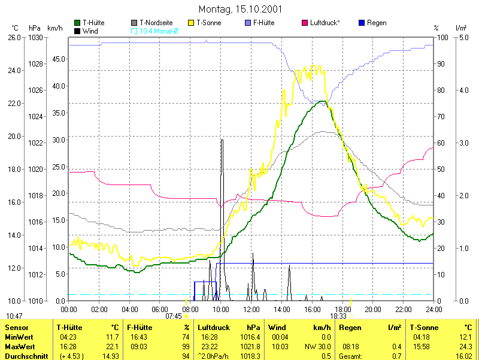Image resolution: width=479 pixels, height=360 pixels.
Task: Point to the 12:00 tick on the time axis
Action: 251,309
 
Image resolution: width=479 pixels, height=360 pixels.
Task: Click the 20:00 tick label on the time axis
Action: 373,309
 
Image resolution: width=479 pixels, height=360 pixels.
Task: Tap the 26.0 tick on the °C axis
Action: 14,37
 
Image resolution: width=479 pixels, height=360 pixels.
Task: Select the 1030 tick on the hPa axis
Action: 35,37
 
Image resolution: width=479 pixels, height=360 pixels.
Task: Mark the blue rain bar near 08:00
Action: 204,291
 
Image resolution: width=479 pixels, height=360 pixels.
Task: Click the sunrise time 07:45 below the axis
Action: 174,316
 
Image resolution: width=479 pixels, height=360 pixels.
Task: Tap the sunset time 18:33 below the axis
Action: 338,316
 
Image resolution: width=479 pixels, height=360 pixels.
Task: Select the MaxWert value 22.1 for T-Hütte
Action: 112,346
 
